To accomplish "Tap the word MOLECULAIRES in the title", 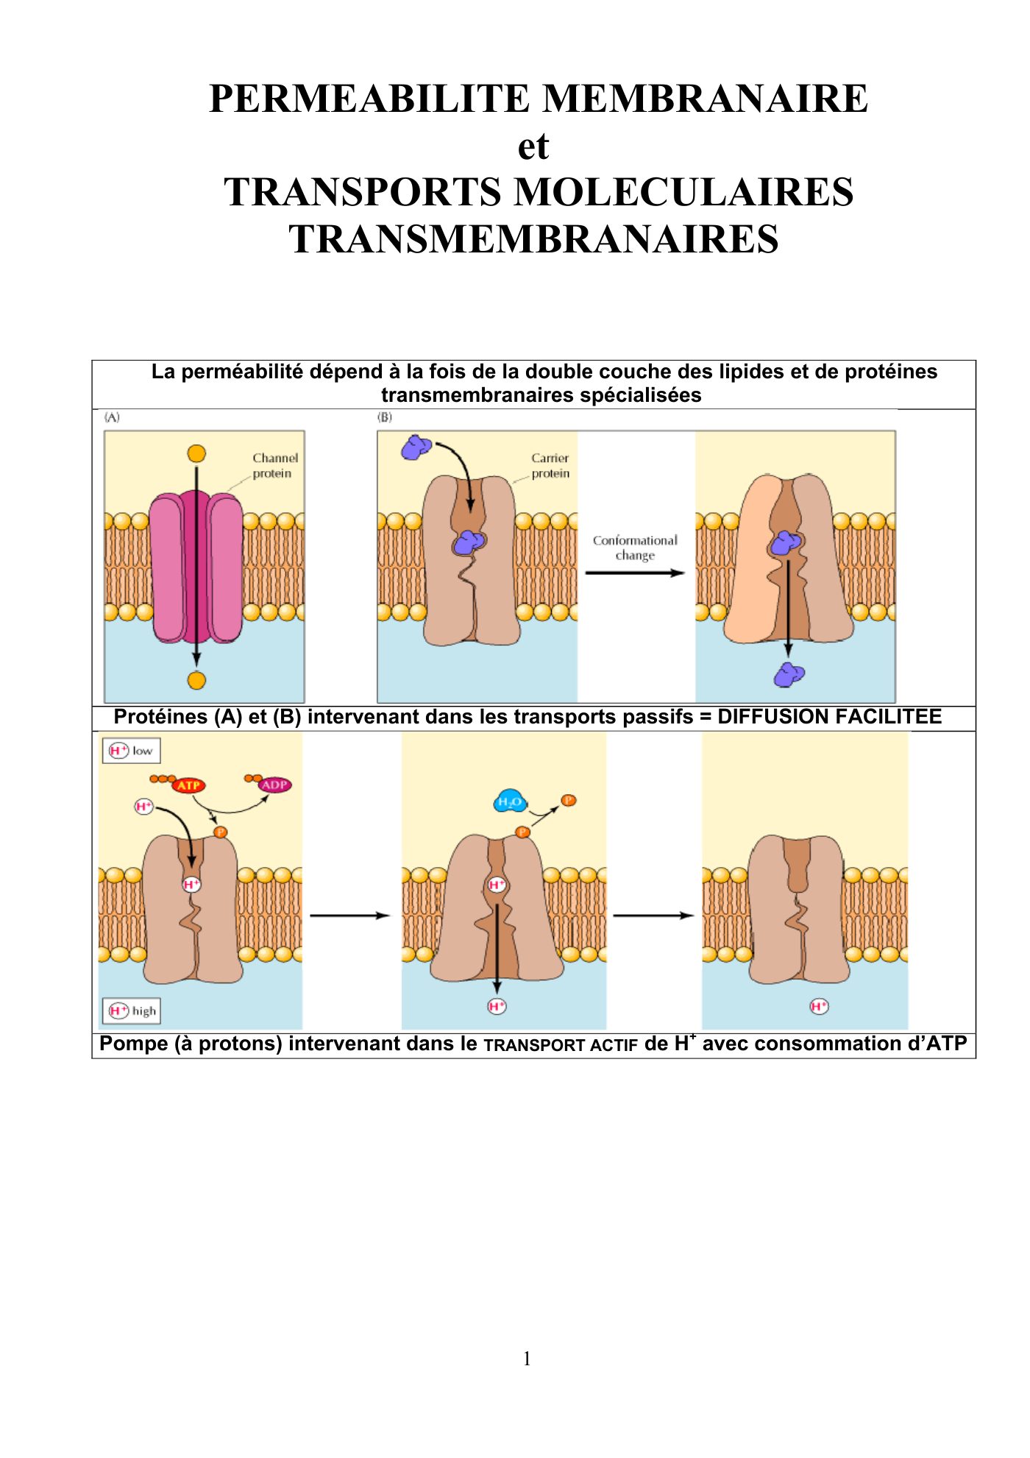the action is pyautogui.click(x=683, y=192).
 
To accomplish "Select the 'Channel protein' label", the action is pyautogui.click(x=275, y=465).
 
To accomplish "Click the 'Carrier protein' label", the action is pyautogui.click(x=550, y=465).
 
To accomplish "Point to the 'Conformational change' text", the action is pyautogui.click(x=635, y=548).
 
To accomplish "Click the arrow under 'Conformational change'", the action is pyautogui.click(x=635, y=573).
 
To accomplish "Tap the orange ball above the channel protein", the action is pyautogui.click(x=196, y=453).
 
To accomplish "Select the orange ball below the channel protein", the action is pyautogui.click(x=196, y=681).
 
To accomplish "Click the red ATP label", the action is pyautogui.click(x=188, y=785).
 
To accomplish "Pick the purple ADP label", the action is pyautogui.click(x=274, y=785).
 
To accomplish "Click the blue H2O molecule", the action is pyautogui.click(x=510, y=801).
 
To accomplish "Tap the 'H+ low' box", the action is pyautogui.click(x=131, y=751).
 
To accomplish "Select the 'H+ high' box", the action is pyautogui.click(x=131, y=1011).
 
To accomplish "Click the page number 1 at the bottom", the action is pyautogui.click(x=527, y=1359).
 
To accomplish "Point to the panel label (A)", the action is pyautogui.click(x=112, y=417).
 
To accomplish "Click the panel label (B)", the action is pyautogui.click(x=385, y=417).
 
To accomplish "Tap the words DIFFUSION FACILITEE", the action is pyautogui.click(x=829, y=717).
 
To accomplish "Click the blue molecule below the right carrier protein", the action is pyautogui.click(x=789, y=674).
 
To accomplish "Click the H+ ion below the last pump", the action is pyautogui.click(x=819, y=1006).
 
